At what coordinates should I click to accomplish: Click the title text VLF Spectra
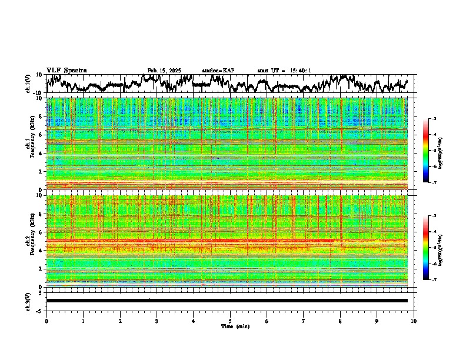66,70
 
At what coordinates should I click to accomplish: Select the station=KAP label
218,71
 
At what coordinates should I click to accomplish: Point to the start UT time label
284,71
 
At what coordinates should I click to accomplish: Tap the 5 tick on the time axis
230,321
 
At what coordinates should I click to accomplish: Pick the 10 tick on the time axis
414,321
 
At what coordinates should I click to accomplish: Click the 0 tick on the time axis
46,321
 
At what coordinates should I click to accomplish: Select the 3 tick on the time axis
157,321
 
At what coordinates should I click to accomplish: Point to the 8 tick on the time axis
340,321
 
